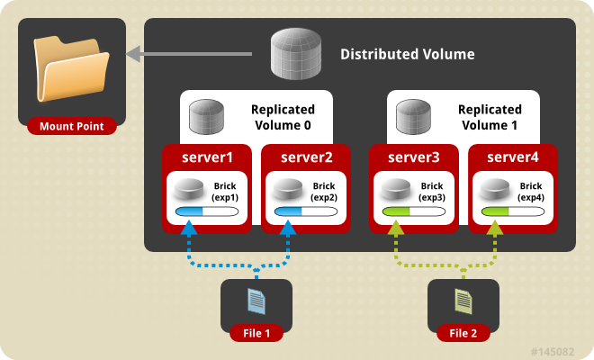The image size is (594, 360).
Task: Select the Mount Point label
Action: point(71,126)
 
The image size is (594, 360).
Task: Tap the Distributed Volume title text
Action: point(407,54)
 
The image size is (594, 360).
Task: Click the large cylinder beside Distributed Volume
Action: point(298,53)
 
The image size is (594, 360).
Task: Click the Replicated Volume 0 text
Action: point(281,117)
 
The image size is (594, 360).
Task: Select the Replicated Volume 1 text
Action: point(489,117)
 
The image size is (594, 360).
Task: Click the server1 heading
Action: point(207,157)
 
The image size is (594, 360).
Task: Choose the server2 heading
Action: point(306,157)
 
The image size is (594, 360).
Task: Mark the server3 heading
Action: point(414,157)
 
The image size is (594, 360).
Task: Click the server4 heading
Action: point(513,157)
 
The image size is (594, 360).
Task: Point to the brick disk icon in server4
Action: point(492,190)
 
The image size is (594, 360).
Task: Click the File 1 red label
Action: point(256,333)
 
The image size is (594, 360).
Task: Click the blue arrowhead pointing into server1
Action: point(188,229)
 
